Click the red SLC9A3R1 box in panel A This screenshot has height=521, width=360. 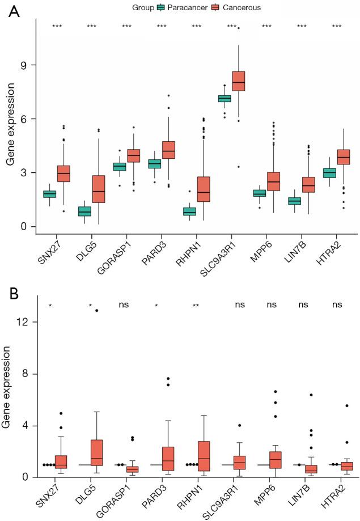point(239,81)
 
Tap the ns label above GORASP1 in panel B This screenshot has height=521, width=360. point(124,305)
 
